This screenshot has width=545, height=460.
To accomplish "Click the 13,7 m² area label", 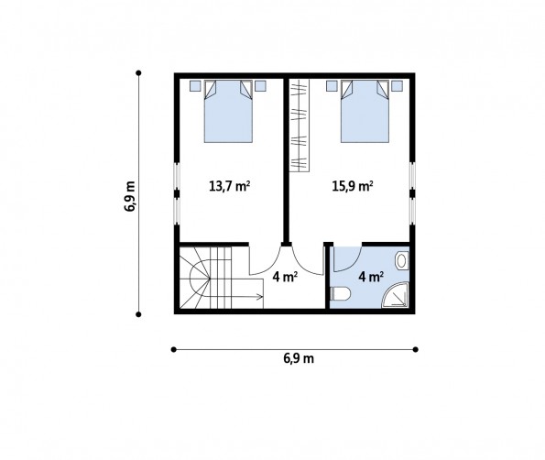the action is point(229,186).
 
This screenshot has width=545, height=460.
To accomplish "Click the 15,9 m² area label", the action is point(353,186).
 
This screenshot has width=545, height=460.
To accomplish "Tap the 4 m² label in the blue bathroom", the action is point(371,277).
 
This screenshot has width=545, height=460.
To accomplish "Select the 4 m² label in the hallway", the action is point(285,277).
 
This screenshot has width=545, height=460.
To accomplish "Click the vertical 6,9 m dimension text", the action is point(130,196).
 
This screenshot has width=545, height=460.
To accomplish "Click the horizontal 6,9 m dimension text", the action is point(299,358).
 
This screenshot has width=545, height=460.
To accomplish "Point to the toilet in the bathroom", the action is point(341,294).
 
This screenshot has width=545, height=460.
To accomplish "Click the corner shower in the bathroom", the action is point(395,296).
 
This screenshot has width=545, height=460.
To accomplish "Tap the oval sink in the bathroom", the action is point(402,260).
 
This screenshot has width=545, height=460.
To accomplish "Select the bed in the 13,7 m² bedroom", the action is point(228,111).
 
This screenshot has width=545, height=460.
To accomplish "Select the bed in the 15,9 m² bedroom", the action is point(365,111).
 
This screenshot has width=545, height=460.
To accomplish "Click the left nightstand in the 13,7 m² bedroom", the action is point(195,86).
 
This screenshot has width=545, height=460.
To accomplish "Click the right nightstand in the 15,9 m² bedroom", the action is point(397,86).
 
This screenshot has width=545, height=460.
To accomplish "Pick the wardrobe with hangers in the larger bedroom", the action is point(300,126).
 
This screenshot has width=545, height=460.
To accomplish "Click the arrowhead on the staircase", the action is point(259,297).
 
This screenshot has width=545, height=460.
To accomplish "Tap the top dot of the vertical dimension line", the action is point(138,72).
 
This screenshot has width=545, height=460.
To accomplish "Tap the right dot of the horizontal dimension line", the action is point(415,349).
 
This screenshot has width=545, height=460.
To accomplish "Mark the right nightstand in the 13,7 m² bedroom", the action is point(260,86).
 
